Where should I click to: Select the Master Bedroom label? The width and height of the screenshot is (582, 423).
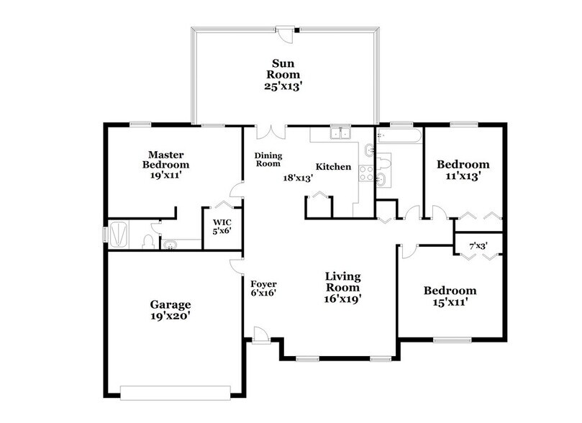click(x=165, y=159)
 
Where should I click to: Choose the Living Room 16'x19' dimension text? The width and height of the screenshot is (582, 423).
click(x=342, y=298)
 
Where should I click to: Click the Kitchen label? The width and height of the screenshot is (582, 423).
click(x=335, y=167)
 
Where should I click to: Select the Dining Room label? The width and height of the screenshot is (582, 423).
click(x=268, y=159)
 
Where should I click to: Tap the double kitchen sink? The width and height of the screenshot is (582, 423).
click(x=337, y=132)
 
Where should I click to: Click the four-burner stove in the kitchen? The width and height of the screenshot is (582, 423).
click(x=365, y=173)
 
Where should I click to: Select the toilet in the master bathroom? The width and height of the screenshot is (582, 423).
click(x=149, y=241)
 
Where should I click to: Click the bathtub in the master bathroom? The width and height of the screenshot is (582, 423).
click(x=121, y=235)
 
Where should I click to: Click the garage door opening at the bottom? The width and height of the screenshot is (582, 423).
click(x=175, y=393)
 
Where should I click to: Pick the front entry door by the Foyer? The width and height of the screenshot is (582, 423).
click(x=260, y=335)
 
